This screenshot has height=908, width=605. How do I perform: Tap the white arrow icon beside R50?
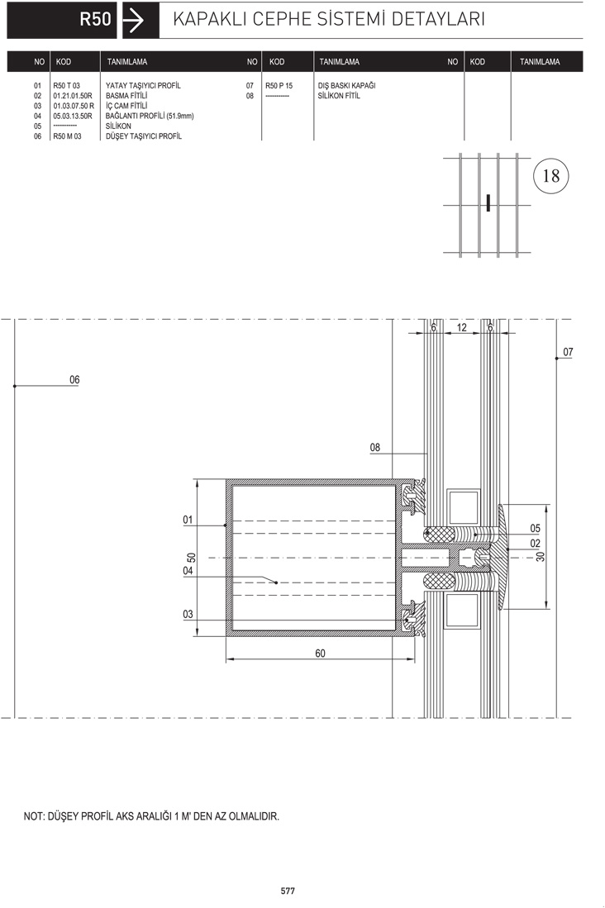(x=134, y=21)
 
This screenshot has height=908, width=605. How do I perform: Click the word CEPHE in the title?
(x=282, y=19)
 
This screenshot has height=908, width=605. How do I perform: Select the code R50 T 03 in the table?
(x=67, y=86)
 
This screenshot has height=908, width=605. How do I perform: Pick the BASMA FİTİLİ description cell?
(x=126, y=96)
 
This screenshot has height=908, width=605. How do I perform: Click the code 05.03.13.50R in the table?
(x=73, y=116)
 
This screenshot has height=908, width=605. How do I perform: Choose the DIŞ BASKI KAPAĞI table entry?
(x=346, y=86)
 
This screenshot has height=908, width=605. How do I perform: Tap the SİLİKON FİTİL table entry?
(x=338, y=96)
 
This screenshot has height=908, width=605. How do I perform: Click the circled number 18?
(x=550, y=175)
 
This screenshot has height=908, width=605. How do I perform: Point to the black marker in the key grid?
(x=488, y=202)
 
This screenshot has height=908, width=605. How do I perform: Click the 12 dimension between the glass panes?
(x=461, y=327)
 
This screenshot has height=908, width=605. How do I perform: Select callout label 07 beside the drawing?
(x=568, y=351)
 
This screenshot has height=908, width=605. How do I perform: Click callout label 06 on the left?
(x=74, y=379)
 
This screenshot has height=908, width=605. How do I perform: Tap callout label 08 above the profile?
(x=375, y=447)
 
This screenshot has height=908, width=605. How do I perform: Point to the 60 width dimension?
(x=320, y=653)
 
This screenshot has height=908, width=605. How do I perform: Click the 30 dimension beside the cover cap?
(x=540, y=556)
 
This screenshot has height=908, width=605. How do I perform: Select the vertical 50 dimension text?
(x=191, y=558)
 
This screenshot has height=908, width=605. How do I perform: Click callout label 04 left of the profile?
(x=188, y=570)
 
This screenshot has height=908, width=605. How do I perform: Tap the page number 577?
(x=288, y=891)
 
